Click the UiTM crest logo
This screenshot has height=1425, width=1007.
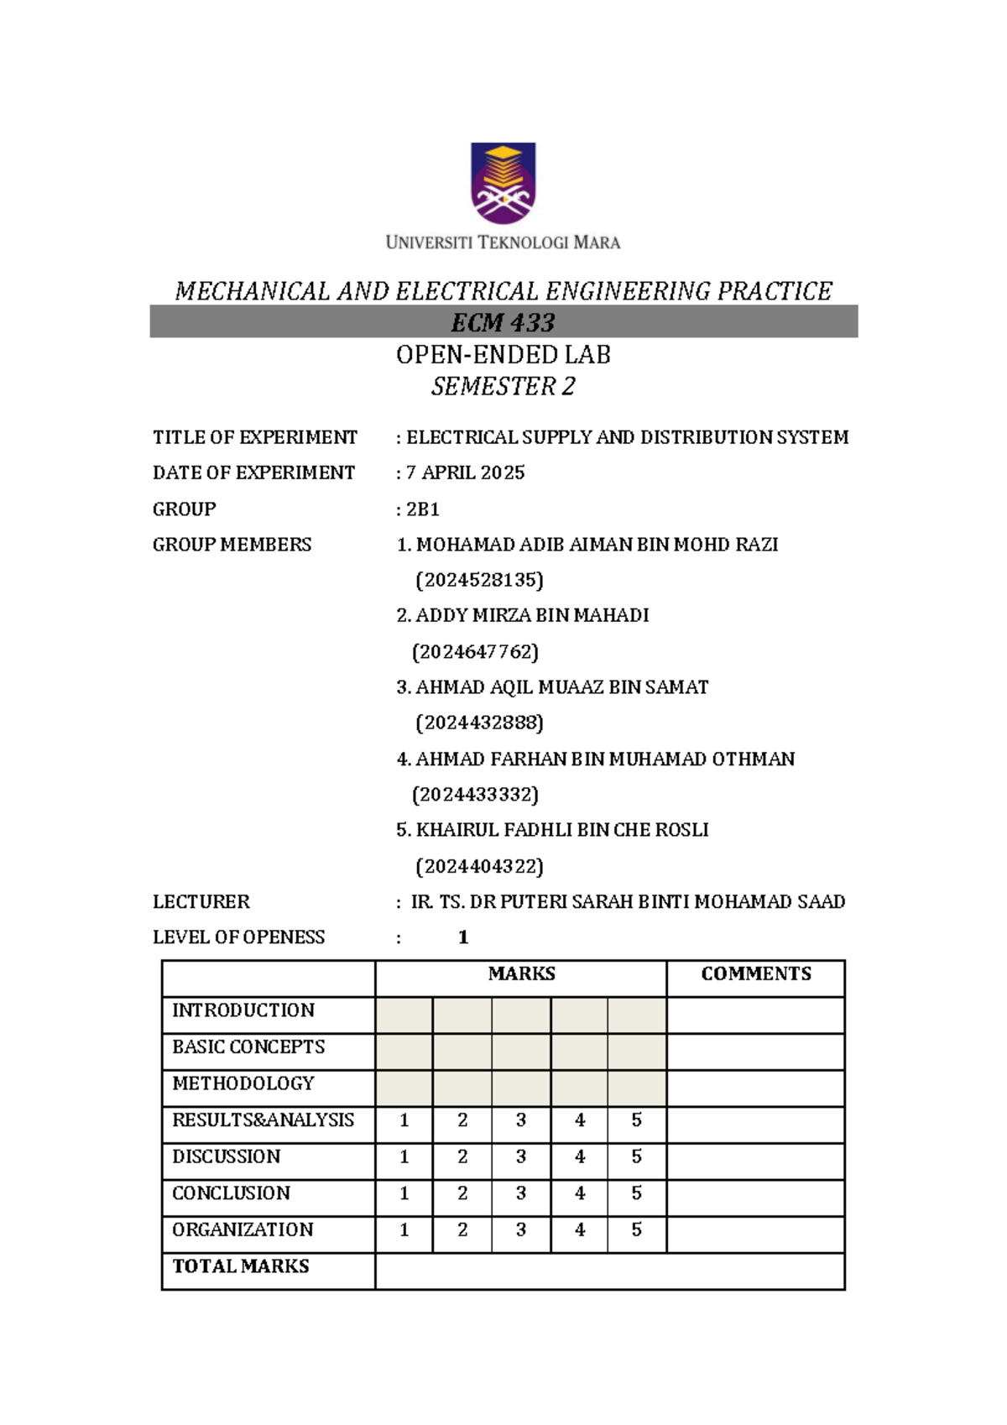(503, 183)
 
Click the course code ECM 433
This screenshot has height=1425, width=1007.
(503, 322)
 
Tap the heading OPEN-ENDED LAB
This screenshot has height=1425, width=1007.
(503, 355)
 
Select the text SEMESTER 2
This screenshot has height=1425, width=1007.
(503, 387)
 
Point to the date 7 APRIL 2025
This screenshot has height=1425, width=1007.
(465, 473)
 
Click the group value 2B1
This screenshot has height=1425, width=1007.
(422, 509)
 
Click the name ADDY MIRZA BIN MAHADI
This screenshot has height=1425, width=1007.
(531, 616)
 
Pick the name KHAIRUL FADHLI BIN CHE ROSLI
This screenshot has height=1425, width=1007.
(562, 830)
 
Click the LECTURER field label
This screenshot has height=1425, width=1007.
(201, 902)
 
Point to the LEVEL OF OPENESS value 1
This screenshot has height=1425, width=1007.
(463, 937)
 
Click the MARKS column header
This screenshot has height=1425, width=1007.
(521, 973)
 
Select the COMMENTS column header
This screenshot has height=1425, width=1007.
(755, 973)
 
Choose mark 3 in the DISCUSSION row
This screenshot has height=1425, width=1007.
(521, 1156)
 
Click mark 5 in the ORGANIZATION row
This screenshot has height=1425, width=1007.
(636, 1229)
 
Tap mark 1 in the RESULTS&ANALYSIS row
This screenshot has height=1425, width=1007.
(404, 1120)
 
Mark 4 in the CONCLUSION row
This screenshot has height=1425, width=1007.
(579, 1193)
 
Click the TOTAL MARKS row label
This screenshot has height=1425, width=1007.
(240, 1266)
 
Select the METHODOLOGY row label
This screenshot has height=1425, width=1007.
(243, 1083)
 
